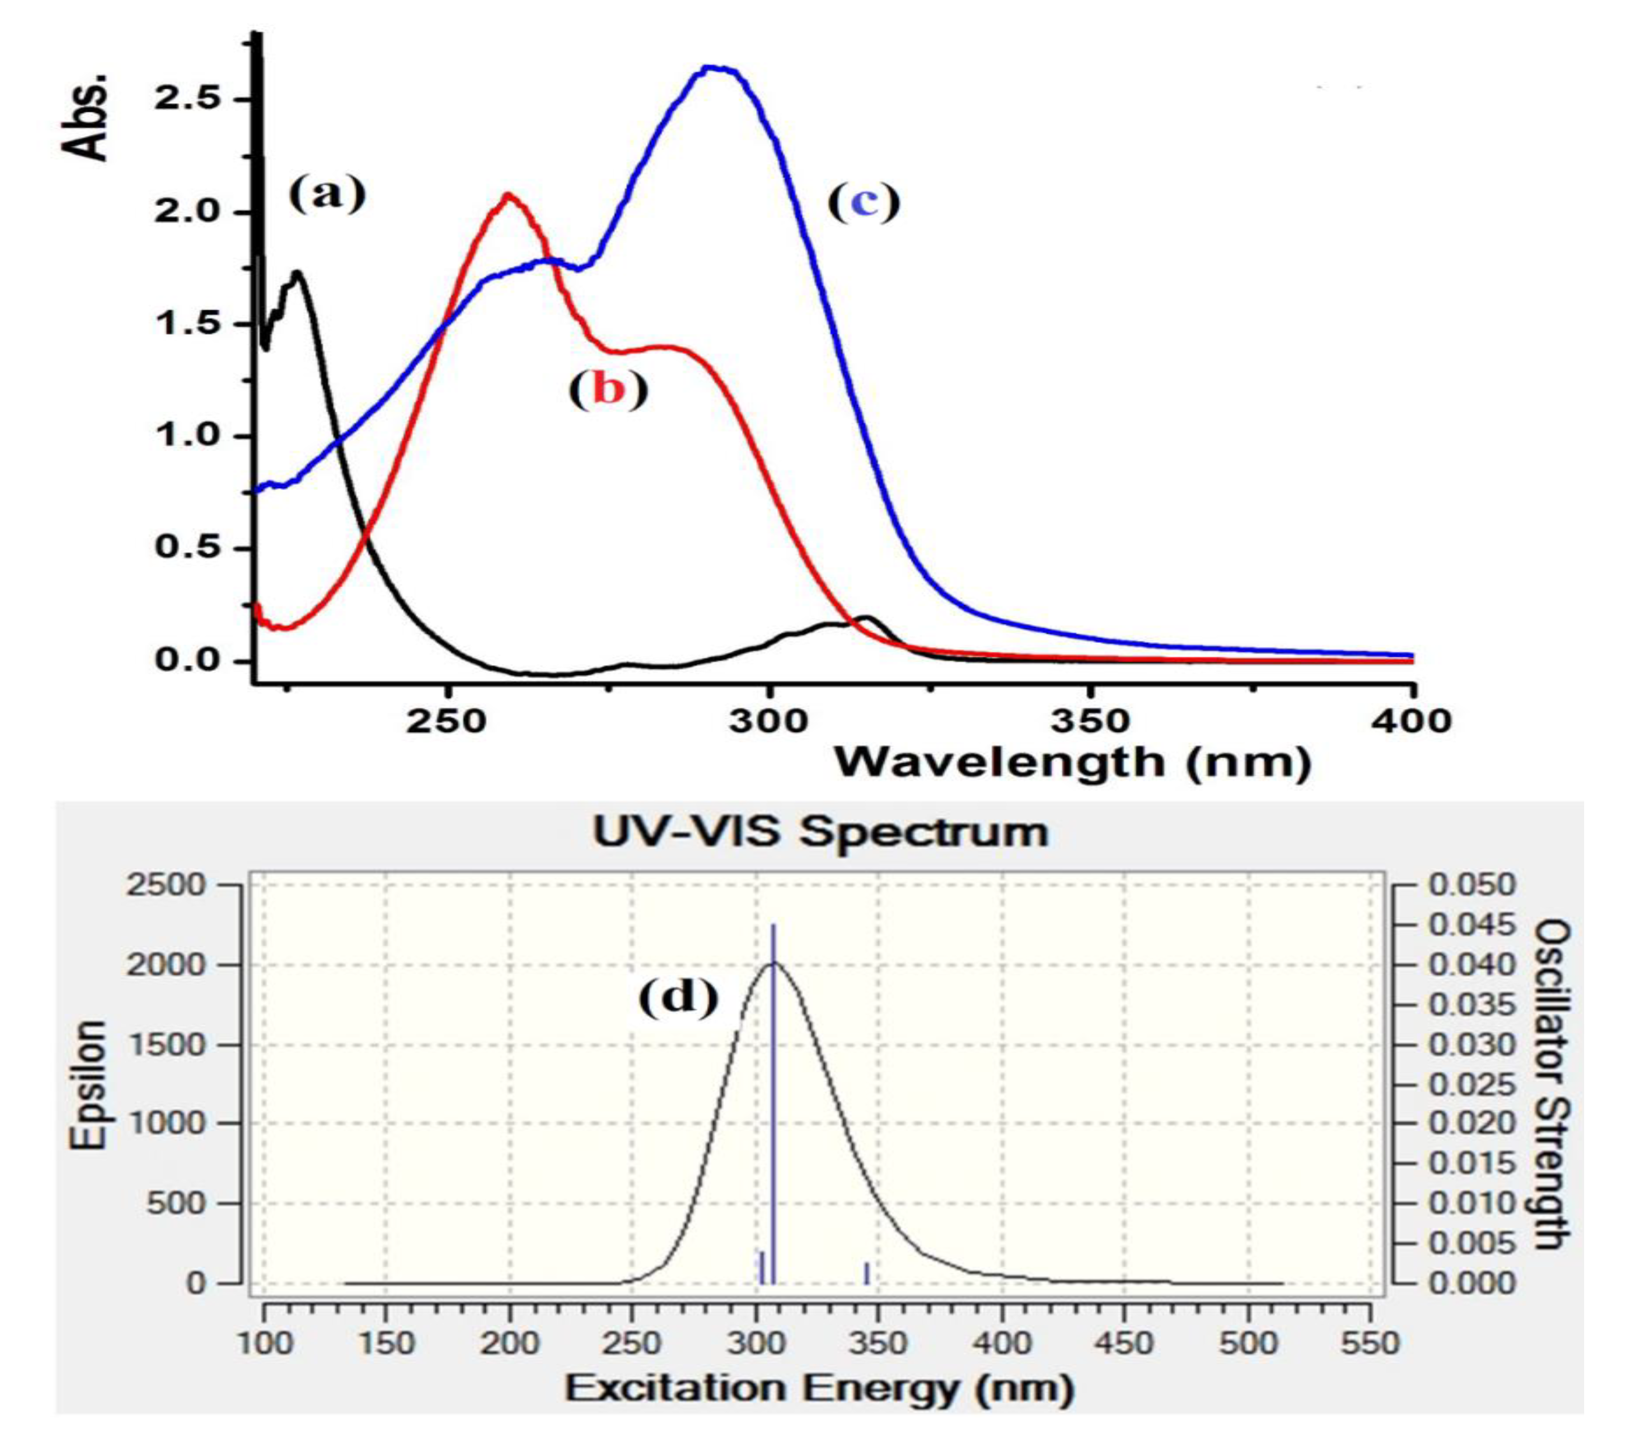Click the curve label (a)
click(326, 194)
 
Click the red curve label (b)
click(608, 390)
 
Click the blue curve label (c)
click(864, 202)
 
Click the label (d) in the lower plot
click(678, 997)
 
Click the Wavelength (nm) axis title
click(1072, 763)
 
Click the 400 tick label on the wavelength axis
click(1413, 721)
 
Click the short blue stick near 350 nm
click(866, 1272)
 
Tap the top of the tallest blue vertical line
click(773, 926)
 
